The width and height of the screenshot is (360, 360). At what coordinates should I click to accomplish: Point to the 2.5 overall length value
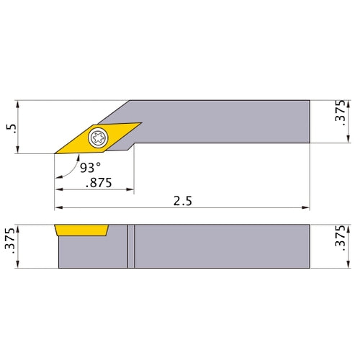pyautogui.click(x=182, y=201)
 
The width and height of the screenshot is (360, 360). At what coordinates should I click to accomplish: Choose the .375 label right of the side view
pyautogui.click(x=341, y=246)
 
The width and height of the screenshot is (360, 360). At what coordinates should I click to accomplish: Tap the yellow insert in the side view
pyautogui.click(x=81, y=230)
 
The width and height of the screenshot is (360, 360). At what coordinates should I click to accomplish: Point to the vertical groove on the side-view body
pyautogui.click(x=131, y=246)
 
